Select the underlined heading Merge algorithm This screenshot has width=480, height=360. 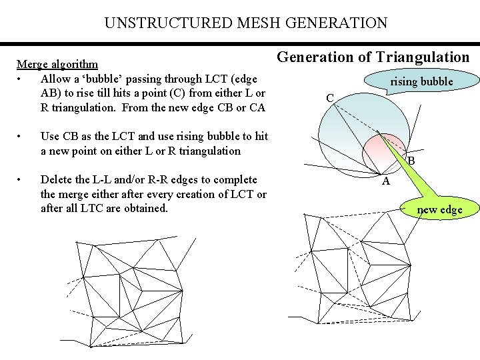click(x=57, y=65)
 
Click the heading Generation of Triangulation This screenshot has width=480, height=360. click(x=373, y=57)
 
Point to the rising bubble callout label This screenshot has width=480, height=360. click(x=421, y=82)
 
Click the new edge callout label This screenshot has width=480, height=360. click(x=439, y=210)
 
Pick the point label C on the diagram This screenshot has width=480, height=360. click(x=330, y=98)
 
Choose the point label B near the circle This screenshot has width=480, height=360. click(x=411, y=161)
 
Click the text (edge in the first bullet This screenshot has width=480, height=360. click(x=243, y=79)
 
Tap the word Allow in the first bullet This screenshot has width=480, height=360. click(x=56, y=79)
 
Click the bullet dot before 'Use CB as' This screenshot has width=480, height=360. click(x=22, y=136)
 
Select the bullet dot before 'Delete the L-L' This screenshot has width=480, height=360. click(x=22, y=179)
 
